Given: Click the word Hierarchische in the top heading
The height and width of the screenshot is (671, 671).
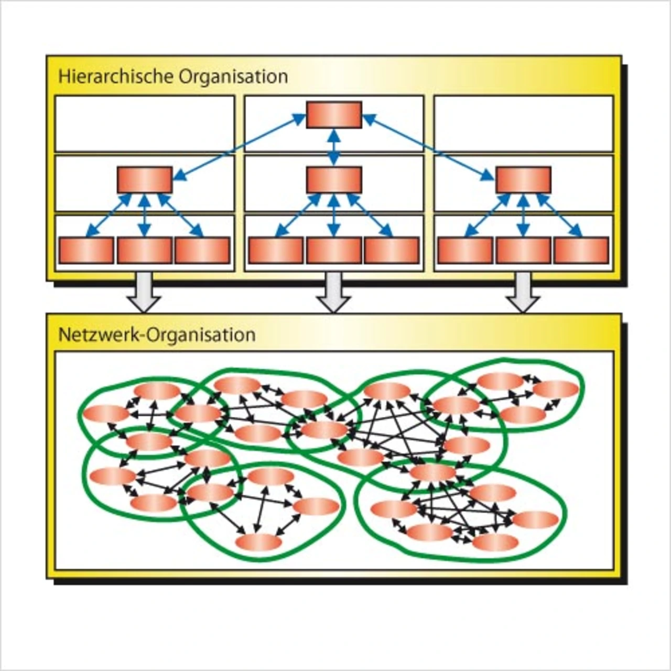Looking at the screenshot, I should coord(116,77).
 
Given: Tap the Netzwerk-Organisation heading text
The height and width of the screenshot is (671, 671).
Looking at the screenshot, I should coord(157,334).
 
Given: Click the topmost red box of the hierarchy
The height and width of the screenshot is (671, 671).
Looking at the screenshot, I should coord(334,115).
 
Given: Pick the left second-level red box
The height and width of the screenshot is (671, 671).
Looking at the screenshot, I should coord(145,180).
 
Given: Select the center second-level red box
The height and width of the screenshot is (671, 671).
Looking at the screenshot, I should coord(334,180).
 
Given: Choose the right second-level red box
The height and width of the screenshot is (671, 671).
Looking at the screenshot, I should coord(523,180).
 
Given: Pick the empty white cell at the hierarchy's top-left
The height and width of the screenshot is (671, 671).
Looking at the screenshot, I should coord(145,124).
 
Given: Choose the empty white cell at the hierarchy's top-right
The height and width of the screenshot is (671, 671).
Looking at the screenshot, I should coord(524,124).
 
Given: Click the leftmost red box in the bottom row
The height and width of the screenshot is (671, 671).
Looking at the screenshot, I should coord(86,250).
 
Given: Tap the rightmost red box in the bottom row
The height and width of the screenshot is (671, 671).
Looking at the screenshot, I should coord(581,250).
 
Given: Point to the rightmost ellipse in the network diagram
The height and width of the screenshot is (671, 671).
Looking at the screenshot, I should coord(556,389).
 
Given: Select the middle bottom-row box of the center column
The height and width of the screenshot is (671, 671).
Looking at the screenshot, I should coord(334,250).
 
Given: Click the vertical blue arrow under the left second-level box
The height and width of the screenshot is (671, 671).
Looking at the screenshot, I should coord(145,215).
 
